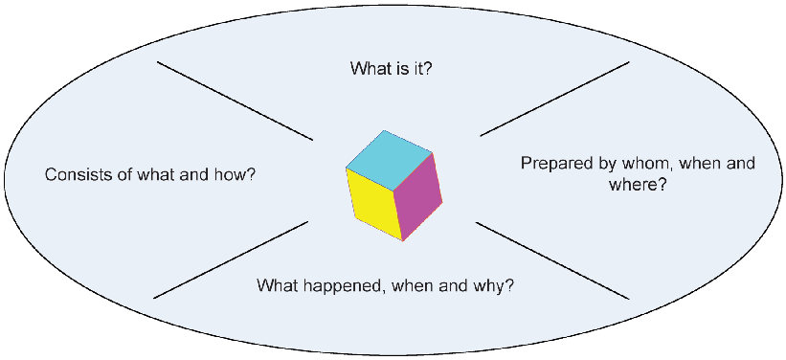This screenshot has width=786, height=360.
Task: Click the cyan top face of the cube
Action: click(x=389, y=160)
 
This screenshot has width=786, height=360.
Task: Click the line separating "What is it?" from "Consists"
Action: click(x=235, y=101)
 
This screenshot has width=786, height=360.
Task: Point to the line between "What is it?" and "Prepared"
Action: click(x=554, y=99)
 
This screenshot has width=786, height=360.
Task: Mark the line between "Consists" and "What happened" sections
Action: click(x=231, y=260)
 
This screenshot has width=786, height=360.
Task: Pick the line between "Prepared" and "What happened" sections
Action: click(x=551, y=260)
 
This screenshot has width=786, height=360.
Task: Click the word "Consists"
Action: click(x=76, y=175)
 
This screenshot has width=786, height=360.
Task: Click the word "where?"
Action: click(x=637, y=186)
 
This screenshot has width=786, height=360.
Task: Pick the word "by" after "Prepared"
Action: click(x=598, y=165)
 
